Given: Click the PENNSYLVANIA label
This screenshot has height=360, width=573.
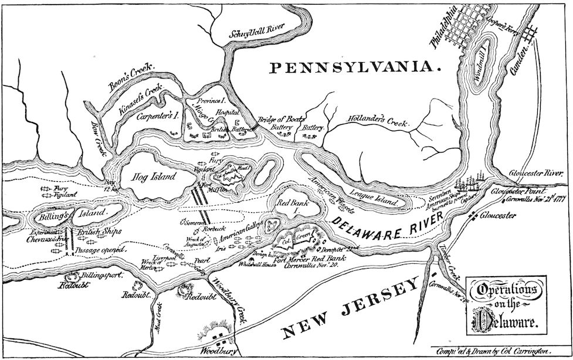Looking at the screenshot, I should pos(354,68).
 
